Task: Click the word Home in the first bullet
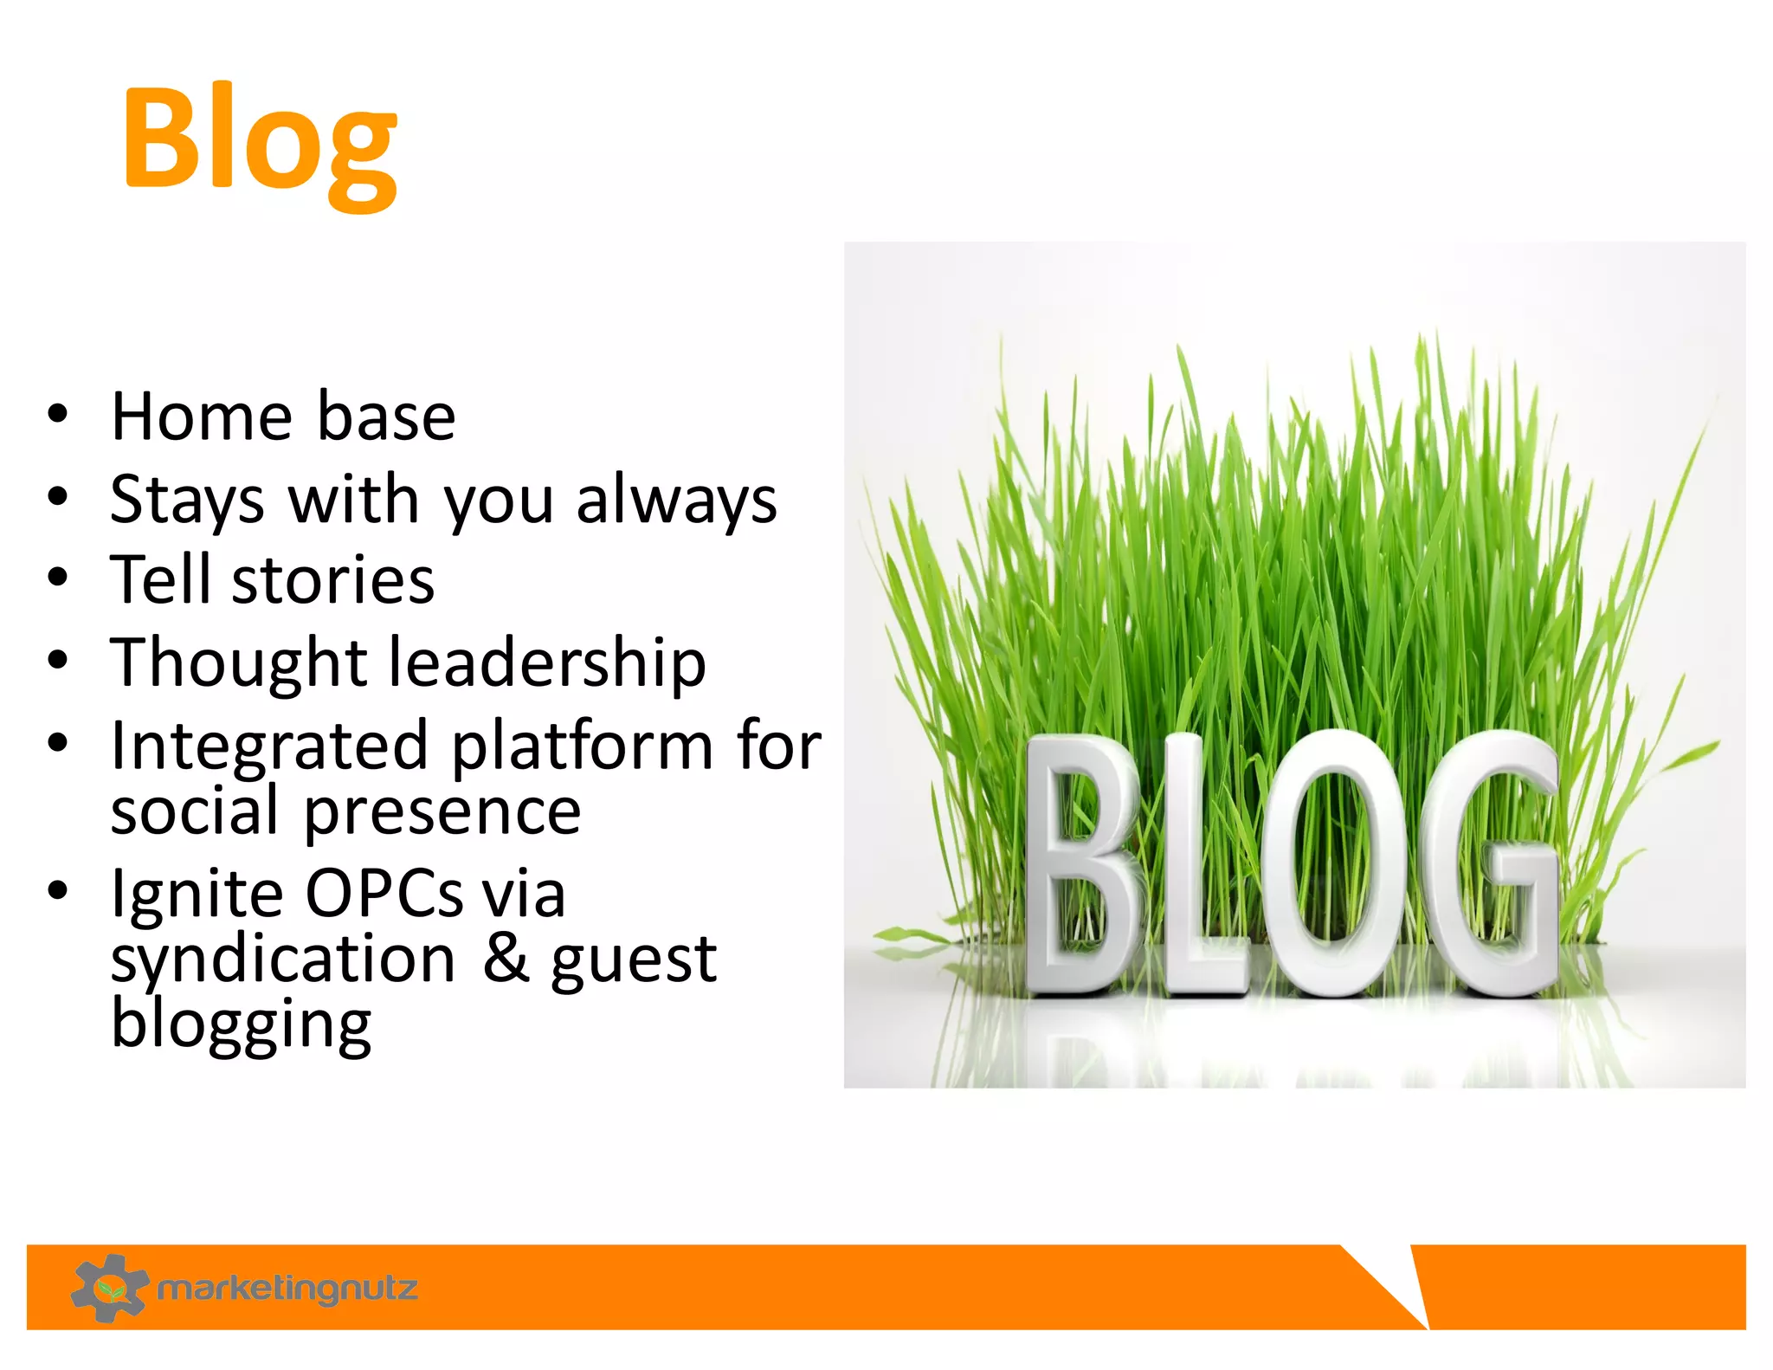[202, 417]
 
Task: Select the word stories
[333, 580]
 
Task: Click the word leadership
[547, 662]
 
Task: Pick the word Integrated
[269, 746]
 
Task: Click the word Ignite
[195, 894]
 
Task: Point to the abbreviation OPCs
[384, 894]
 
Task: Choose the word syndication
[282, 960]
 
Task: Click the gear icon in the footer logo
[109, 1288]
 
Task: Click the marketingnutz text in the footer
[287, 1289]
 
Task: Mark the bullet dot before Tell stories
[58, 578]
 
